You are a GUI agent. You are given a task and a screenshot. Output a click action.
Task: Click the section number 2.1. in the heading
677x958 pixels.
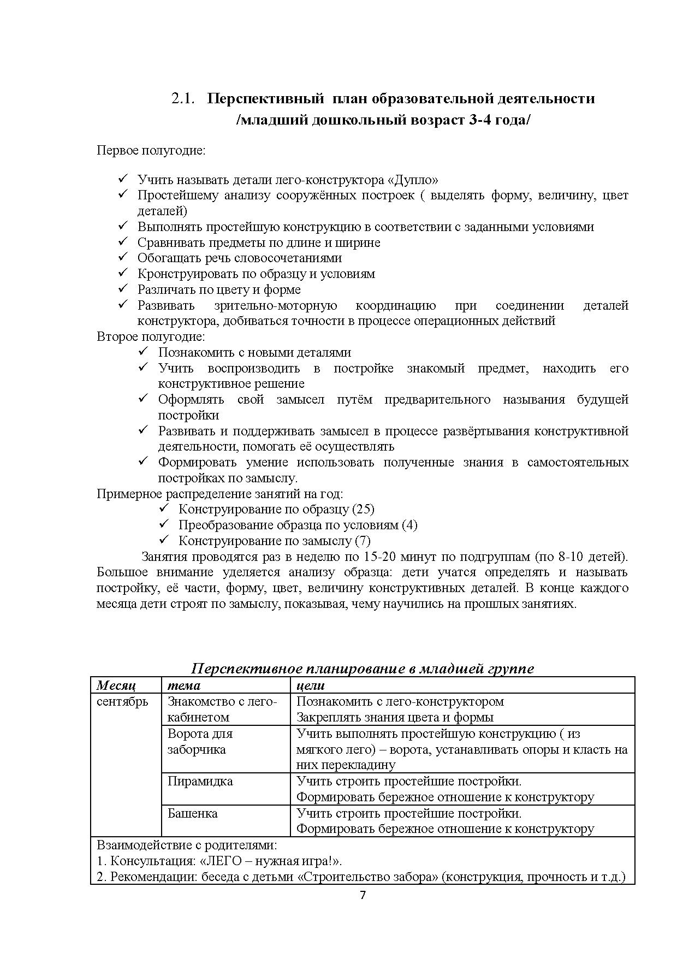pos(183,99)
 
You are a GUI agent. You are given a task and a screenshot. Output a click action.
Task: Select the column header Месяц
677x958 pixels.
pos(116,685)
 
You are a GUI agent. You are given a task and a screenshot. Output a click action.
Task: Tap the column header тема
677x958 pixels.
pos(183,685)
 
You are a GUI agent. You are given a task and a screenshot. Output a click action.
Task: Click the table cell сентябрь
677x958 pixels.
pos(122,702)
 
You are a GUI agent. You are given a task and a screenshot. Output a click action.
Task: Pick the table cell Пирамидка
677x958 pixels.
pos(200,781)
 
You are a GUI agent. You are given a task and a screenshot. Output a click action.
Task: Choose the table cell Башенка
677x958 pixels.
pos(192,813)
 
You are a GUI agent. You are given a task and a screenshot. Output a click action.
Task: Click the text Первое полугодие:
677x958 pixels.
pos(151,150)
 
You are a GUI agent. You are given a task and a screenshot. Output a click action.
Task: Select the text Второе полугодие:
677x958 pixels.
pos(151,336)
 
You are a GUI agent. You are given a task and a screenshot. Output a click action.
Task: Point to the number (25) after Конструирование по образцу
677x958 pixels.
pos(363,510)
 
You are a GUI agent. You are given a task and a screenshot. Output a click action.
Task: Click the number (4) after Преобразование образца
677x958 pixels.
pos(409,525)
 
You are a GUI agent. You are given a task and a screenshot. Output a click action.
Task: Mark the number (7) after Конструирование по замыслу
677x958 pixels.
pos(363,541)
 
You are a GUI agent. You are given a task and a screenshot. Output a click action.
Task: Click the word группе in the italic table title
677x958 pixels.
pos(512,669)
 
